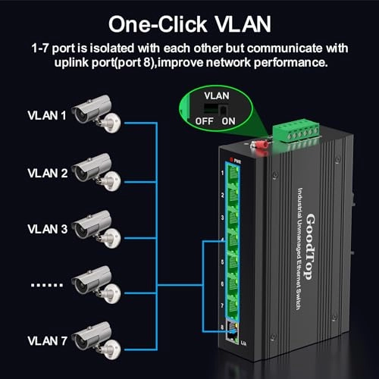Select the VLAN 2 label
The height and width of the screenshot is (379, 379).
(47, 173)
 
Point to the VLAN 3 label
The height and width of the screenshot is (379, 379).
(47, 228)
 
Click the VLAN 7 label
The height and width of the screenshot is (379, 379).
(47, 339)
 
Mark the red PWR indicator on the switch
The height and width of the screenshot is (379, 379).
(236, 159)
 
